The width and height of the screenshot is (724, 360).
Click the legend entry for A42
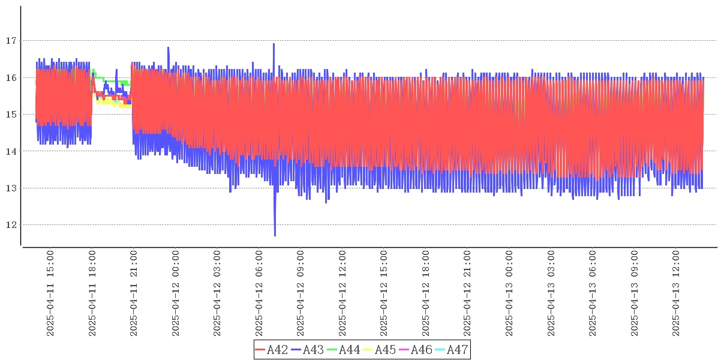(x=272, y=350)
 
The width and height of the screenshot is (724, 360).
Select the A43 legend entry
(x=308, y=350)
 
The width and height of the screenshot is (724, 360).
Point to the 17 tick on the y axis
(x=10, y=41)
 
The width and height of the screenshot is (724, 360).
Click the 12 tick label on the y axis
(x=10, y=225)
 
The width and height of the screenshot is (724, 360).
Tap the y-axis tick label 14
(x=10, y=151)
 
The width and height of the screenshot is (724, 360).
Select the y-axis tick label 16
(x=10, y=77)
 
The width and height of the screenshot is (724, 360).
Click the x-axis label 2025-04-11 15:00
(x=50, y=293)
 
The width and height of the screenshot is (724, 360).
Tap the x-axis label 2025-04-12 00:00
(x=176, y=293)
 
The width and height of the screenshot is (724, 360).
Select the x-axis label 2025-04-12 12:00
(x=343, y=293)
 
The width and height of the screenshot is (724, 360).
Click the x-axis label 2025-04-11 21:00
(x=134, y=293)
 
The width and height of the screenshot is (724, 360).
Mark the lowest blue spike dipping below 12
(x=275, y=234)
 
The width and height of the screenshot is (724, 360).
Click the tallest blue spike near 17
(x=274, y=45)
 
